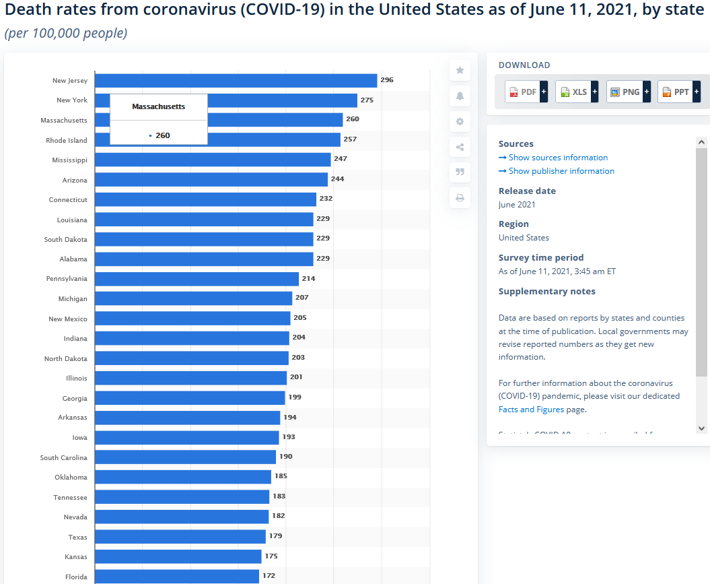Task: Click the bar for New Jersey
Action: point(236,81)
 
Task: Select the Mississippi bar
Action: point(213,160)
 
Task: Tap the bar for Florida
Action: point(177,577)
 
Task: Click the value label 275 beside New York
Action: point(367,100)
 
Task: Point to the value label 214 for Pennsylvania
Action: point(308,278)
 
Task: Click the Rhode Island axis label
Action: point(67,140)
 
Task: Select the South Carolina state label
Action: point(64,457)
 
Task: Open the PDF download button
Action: point(526,92)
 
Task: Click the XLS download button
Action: point(576,92)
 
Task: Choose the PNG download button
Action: point(627,92)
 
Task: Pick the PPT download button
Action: point(678,92)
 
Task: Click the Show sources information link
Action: point(558,158)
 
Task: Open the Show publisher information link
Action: point(561,171)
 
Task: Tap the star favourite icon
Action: point(460,70)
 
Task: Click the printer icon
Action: point(460,197)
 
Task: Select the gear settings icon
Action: point(460,121)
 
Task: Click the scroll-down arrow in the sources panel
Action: point(701,428)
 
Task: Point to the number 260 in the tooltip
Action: point(162,135)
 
